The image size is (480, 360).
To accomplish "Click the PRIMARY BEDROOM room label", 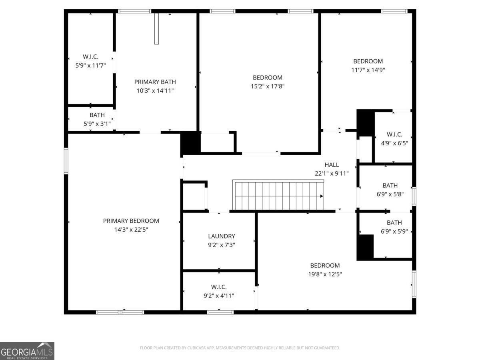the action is click(x=131, y=221).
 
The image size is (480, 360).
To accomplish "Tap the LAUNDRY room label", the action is click(x=222, y=236).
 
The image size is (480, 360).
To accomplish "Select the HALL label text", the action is click(x=332, y=164).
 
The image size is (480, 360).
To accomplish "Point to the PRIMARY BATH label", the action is click(x=155, y=82).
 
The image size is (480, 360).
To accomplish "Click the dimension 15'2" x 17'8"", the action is click(x=268, y=86).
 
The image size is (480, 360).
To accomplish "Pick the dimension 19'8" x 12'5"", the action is click(x=325, y=274).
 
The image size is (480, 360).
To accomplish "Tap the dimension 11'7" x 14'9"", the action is click(x=368, y=70).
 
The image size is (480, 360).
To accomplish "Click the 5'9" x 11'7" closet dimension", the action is click(x=90, y=65).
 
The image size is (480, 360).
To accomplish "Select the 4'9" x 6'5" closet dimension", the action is click(x=394, y=143).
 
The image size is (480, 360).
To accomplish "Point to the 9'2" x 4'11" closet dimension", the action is click(x=219, y=296).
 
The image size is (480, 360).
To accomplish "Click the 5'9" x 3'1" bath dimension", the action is click(x=97, y=124).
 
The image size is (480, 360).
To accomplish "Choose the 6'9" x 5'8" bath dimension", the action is click(x=390, y=194).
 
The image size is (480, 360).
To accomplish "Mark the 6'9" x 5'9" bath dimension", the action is click(x=394, y=231).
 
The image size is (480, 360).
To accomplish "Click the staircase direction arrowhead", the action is click(x=322, y=196).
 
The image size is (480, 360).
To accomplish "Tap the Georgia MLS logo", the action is click(x=27, y=351).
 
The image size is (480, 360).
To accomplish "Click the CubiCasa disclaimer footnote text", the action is click(x=240, y=348).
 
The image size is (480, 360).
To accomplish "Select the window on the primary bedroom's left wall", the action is click(x=66, y=161).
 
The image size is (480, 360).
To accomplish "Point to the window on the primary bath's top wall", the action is click(x=134, y=11).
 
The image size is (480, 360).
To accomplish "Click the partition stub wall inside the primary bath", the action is click(x=156, y=29).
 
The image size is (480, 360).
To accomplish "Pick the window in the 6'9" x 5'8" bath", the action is click(x=414, y=196).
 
